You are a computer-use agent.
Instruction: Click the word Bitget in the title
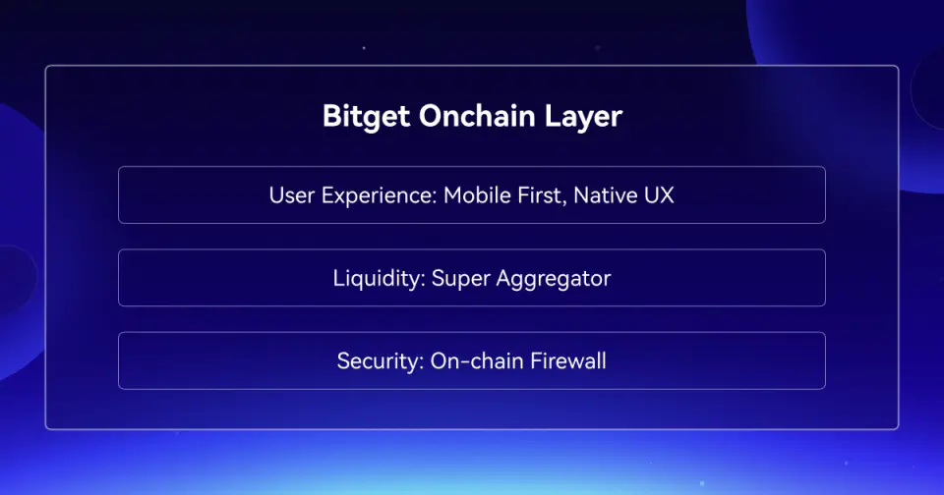pos(366,116)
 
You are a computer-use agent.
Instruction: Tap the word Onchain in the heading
pos(477,115)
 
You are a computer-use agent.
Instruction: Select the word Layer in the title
pos(583,117)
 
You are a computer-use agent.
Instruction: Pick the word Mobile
pos(478,195)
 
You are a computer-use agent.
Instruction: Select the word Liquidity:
pos(380,279)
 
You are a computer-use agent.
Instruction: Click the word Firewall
pos(568,360)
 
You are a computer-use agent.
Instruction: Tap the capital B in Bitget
pos(331,116)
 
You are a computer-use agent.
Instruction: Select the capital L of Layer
pos(553,116)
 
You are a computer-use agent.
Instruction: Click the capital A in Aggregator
pos(504,279)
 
